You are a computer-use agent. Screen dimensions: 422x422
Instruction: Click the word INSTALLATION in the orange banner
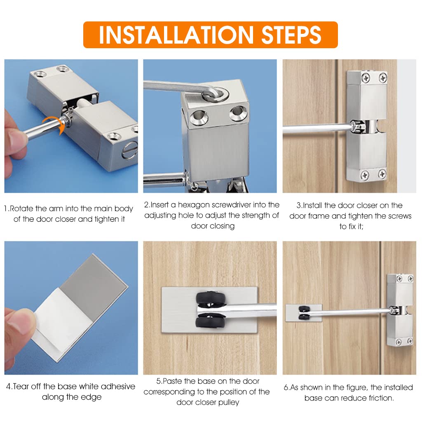coord(176,35)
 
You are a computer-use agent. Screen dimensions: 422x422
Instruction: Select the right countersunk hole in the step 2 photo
coord(238,113)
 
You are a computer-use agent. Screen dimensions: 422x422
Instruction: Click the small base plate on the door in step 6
coord(304,313)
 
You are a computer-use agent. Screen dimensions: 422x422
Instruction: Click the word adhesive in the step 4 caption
coord(118,387)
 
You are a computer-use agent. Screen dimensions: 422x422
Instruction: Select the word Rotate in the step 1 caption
coord(21,209)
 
